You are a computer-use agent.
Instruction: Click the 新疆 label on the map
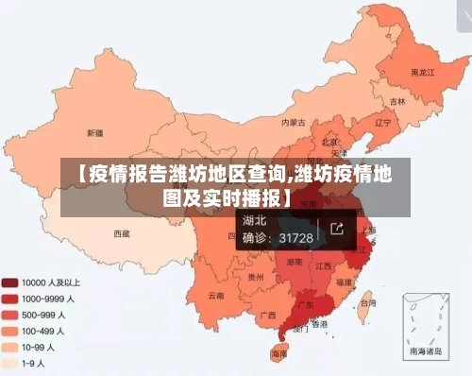pyautogui.click(x=94, y=132)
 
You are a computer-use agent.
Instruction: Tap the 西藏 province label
pyautogui.click(x=122, y=232)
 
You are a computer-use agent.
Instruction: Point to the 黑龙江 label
pyautogui.click(x=421, y=71)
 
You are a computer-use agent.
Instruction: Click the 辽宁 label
pyautogui.click(x=382, y=122)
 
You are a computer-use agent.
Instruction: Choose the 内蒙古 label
pyautogui.click(x=294, y=122)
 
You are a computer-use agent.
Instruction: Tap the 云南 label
pyautogui.click(x=216, y=296)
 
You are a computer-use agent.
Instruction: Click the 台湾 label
pyautogui.click(x=366, y=305)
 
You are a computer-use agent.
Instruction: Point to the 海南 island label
pyautogui.click(x=279, y=352)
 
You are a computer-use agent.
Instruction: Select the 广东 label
pyautogui.click(x=306, y=306)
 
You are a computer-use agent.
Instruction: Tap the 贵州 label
pyautogui.click(x=255, y=278)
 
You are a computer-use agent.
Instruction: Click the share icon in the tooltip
pyautogui.click(x=337, y=229)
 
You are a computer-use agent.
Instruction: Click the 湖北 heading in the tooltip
pyautogui.click(x=256, y=221)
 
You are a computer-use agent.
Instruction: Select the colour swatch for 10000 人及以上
pyautogui.click(x=11, y=282)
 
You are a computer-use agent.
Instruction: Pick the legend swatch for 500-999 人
pyautogui.click(x=11, y=314)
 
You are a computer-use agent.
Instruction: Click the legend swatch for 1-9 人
pyautogui.click(x=11, y=362)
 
